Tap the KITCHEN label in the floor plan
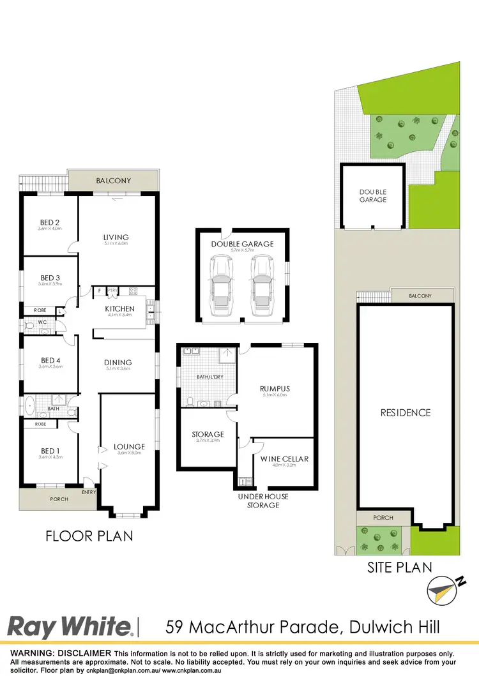tap(119, 309)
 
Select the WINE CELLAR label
tap(284, 458)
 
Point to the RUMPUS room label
tap(276, 387)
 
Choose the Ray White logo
tap(70, 626)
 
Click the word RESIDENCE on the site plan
tap(406, 412)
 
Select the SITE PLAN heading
tap(399, 567)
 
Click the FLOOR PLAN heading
tap(89, 536)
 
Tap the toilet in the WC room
tap(29, 325)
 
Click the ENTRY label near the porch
tap(89, 492)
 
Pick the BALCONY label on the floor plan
tap(113, 181)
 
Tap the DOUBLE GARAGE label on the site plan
tap(372, 196)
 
